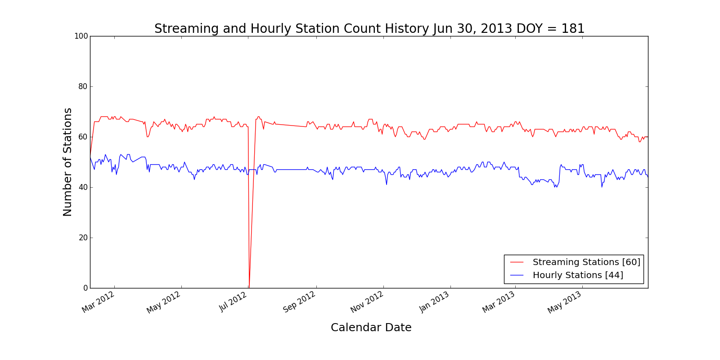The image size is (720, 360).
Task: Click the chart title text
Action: coord(369,29)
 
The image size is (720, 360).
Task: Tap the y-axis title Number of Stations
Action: coord(67,162)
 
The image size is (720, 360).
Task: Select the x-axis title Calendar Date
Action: coord(371,328)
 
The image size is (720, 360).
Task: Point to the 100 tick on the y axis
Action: coord(81,36)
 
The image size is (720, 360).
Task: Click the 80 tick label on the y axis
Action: coord(83,86)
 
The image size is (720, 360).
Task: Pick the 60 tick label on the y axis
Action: coord(83,137)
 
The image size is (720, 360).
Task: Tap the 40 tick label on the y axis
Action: coord(83,187)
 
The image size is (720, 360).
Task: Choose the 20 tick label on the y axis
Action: coord(83,238)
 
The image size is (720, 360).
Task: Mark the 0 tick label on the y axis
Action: coord(85,288)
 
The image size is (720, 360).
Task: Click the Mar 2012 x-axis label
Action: coord(99,302)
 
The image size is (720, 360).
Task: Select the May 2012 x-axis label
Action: coord(164,302)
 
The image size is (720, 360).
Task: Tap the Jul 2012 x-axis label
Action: coord(233,301)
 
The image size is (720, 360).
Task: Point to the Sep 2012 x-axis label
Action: coord(299,302)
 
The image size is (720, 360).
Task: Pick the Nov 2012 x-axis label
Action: coord(367,302)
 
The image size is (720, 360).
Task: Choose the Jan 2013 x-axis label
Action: coord(434,301)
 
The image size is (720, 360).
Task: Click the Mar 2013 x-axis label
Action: coord(499,302)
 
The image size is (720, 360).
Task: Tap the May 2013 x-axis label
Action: coord(565,302)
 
